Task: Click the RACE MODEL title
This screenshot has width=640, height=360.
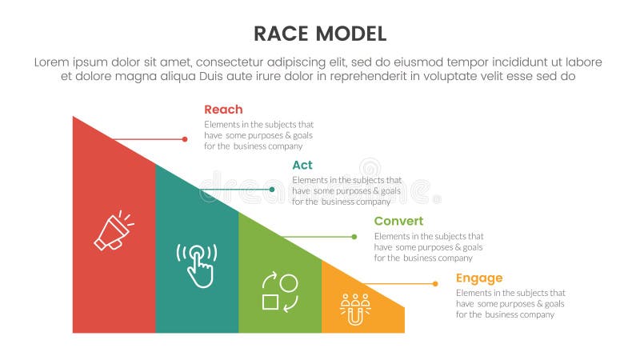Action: coord(320,33)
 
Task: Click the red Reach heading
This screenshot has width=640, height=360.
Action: coord(223,110)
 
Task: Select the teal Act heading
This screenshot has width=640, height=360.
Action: coord(302,165)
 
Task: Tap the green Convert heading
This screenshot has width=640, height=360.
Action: coord(398,221)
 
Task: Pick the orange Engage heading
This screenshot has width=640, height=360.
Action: coord(479,278)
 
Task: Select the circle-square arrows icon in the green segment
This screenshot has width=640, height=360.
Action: coord(279,292)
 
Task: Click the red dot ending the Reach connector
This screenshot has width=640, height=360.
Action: coord(185,139)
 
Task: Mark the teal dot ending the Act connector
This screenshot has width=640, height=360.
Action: coord(272,190)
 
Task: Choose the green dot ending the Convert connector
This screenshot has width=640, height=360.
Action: coord(355,237)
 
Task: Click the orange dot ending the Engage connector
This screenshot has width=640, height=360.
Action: coord(435,283)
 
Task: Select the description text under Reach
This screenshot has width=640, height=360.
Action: coord(258,135)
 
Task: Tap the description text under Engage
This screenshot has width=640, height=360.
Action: coord(510,304)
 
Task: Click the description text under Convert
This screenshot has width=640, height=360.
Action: coord(429,247)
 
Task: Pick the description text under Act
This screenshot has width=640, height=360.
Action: coord(346,190)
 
